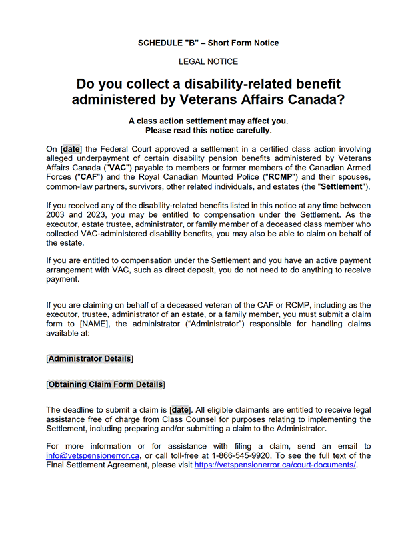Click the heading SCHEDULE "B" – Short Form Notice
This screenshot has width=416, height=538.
coord(208,43)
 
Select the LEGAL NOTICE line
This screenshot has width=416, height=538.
coord(208,61)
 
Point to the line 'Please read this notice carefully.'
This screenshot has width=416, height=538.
coord(208,131)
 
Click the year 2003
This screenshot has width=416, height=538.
coord(57,217)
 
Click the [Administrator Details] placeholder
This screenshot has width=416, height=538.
coord(89,358)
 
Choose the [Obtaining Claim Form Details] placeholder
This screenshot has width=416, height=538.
coord(105,384)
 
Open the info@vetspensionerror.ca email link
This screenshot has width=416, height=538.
coord(93,455)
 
